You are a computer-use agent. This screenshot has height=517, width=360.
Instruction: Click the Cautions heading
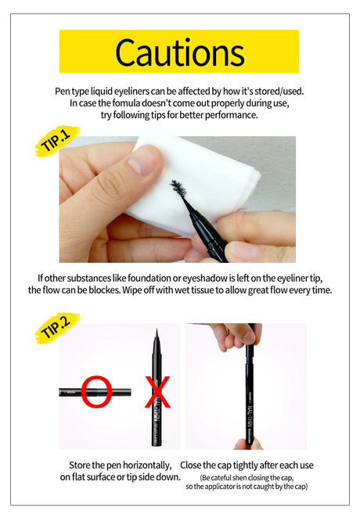tap(180, 52)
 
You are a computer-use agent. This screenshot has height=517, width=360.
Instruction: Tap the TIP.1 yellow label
tap(57, 141)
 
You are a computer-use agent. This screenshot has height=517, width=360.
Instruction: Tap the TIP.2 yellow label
tap(57, 328)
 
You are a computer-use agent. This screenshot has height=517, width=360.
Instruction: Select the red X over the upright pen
tap(158, 392)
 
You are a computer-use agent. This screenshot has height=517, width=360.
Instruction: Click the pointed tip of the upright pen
tap(157, 330)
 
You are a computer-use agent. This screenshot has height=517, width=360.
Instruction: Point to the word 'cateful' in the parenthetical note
tap(224, 478)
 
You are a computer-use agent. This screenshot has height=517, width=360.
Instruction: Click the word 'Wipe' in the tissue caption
tap(131, 290)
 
